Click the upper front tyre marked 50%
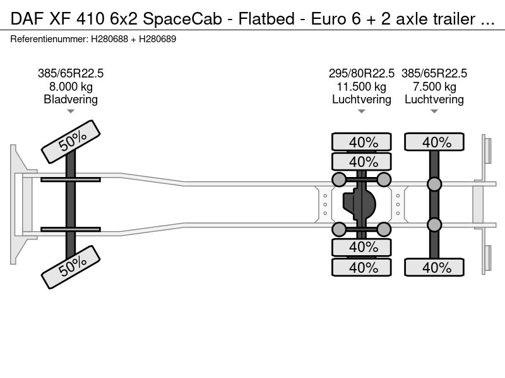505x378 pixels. tap(71, 142)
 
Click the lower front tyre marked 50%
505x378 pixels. tap(71, 267)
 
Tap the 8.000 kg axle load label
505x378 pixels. tap(71, 87)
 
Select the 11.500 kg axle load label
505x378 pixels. tap(361, 87)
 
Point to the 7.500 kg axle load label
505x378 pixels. tap(434, 87)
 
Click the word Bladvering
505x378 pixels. tap(71, 100)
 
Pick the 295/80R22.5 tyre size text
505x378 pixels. tap(361, 74)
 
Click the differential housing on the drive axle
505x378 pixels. tap(359, 204)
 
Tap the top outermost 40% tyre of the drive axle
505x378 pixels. tap(361, 142)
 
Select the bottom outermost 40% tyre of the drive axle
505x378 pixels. tap(361, 267)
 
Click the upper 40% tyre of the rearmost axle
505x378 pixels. tap(434, 142)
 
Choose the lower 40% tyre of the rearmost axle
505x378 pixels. tap(434, 267)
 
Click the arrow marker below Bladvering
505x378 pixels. tap(71, 112)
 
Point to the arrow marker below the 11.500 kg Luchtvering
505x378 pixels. tap(361, 112)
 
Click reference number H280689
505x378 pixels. tap(157, 39)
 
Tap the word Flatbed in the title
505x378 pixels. tap(266, 19)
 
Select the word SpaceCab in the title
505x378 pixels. tap(182, 20)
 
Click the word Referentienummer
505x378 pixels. tap(49, 39)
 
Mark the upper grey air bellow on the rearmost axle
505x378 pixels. tap(434, 184)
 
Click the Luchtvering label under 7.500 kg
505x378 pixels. tap(434, 100)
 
